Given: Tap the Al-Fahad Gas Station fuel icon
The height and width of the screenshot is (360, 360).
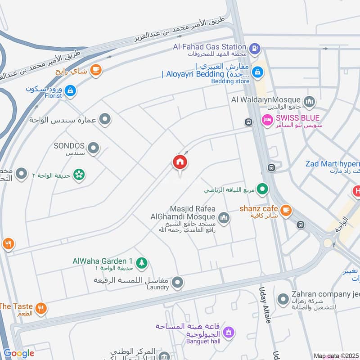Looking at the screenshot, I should (254, 47).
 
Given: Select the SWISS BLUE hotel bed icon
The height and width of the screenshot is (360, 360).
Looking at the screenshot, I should (266, 120).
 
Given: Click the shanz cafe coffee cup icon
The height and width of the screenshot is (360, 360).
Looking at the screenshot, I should (285, 210).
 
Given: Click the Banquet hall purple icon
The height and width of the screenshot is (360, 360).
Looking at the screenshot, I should (229, 332).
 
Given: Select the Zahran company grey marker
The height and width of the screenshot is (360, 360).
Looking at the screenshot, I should (283, 299).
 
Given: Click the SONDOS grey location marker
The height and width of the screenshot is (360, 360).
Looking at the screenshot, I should (93, 148).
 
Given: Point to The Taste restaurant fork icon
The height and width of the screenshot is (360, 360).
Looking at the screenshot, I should (41, 309).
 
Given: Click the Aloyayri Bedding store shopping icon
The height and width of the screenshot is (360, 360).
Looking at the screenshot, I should (258, 71).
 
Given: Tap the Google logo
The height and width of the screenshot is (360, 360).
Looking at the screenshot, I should (19, 353).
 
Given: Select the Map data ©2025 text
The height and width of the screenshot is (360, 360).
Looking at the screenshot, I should (336, 355).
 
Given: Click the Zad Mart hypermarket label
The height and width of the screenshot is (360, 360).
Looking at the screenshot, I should (333, 164).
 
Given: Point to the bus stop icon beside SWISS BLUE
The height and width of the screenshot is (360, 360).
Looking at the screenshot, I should (248, 122).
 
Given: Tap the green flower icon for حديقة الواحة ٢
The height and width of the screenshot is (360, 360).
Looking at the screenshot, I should (79, 175).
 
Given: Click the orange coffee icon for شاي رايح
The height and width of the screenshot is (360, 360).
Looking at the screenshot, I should (95, 69).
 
